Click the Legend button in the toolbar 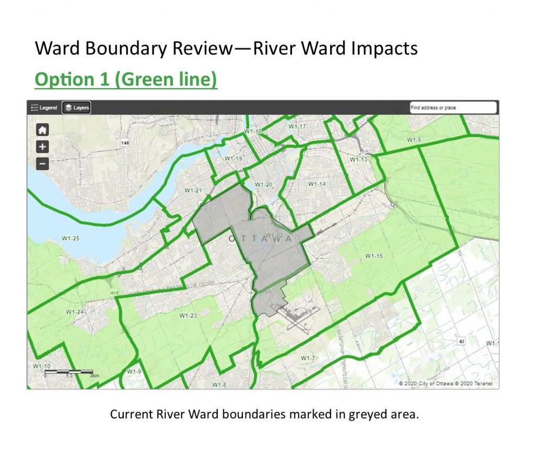(44, 108)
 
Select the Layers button (76, 108)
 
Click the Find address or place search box (452, 108)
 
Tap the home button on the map (43, 130)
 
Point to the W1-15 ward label (374, 256)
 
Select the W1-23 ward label (188, 316)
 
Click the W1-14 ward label (317, 184)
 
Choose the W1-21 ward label (193, 191)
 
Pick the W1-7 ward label (308, 358)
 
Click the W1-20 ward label (263, 184)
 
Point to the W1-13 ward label (359, 159)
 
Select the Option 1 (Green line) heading (125, 79)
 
